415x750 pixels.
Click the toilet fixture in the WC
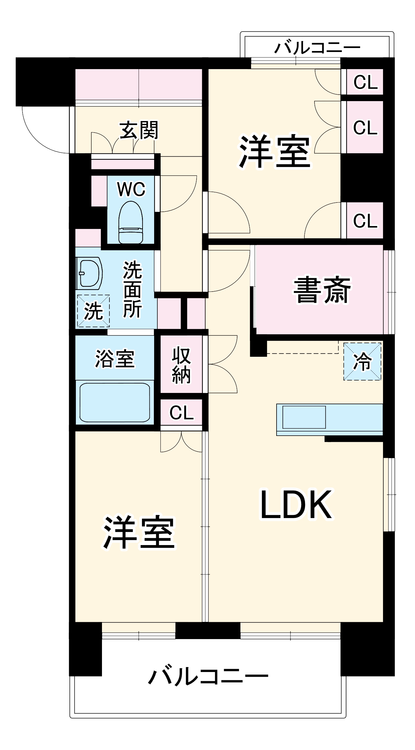pos(130,222)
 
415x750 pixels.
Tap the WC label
pos(131,189)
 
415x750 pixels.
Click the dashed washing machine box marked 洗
pos(93,311)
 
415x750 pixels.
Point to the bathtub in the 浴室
pos(115,402)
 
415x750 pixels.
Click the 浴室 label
pos(115,359)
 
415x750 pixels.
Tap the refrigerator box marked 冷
pos(362,362)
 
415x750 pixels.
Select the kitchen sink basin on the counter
pos(304,417)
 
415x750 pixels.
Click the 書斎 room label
pos(322,290)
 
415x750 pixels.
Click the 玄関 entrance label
pos(139,130)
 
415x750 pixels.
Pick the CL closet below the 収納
pos(181,413)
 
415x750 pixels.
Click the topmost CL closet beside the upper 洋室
pos(365,82)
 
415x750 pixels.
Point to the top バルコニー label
pos(317,47)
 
